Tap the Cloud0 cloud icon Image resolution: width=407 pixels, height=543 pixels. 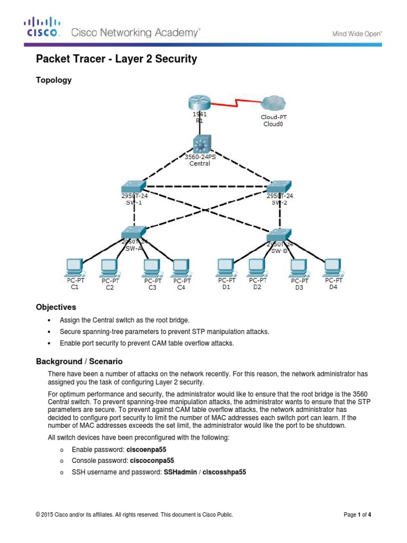click(273, 103)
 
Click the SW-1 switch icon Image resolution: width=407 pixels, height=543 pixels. click(133, 186)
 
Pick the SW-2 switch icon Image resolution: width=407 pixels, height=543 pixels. click(278, 186)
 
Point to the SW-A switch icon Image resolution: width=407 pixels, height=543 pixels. click(133, 232)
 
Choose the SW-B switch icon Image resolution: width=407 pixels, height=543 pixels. click(279, 235)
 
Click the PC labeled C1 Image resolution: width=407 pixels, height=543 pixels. click(74, 267)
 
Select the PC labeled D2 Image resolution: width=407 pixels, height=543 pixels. click(256, 267)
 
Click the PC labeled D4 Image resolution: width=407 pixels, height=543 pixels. click(333, 267)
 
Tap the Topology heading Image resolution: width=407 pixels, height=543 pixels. click(54, 80)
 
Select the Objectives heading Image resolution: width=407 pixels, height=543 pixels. click(56, 307)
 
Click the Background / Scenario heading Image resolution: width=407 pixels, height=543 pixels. click(79, 361)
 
